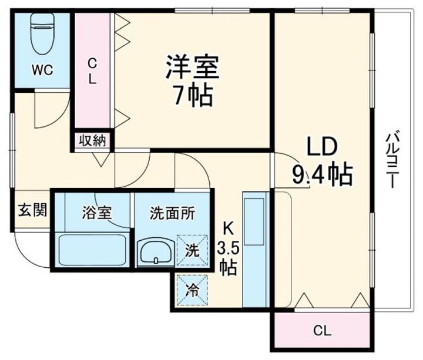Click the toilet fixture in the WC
42,29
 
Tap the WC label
42,70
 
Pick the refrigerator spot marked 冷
193,289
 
